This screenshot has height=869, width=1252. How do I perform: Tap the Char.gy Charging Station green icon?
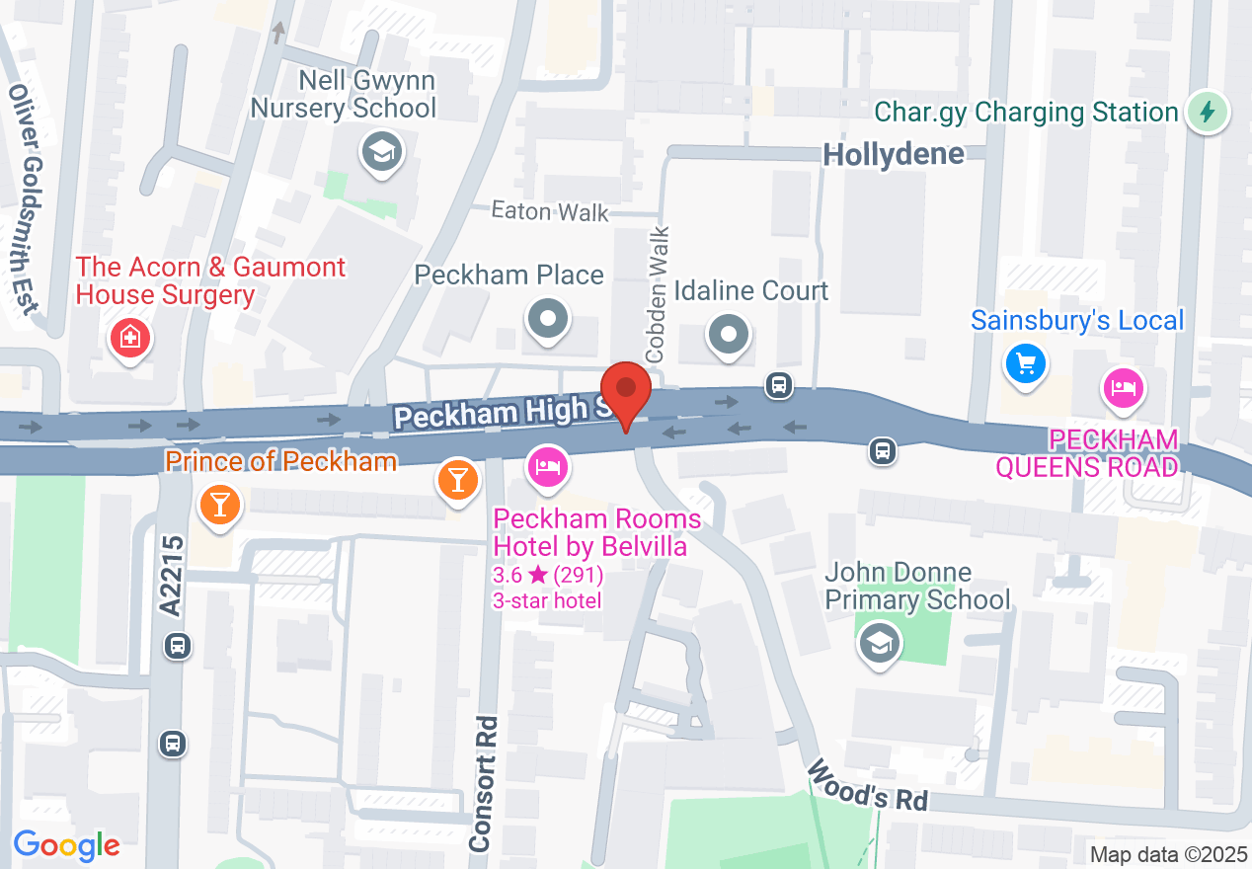[1206, 112]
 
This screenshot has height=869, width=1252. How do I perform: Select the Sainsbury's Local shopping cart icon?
[1026, 364]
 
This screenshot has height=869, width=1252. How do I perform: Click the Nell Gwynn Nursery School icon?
[380, 153]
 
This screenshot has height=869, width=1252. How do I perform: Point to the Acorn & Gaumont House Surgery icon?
[129, 339]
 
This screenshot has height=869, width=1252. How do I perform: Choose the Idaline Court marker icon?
[729, 334]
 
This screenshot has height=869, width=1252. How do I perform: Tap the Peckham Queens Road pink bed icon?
[1123, 386]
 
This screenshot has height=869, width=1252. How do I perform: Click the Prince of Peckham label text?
[280, 461]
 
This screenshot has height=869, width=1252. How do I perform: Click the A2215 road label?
[174, 576]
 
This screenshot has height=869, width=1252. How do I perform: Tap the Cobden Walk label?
[658, 294]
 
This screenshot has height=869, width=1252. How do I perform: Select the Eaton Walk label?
[550, 211]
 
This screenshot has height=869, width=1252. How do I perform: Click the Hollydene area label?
[894, 154]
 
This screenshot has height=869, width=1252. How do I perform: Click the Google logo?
[66, 845]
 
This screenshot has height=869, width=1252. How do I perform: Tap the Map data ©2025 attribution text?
[1167, 854]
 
